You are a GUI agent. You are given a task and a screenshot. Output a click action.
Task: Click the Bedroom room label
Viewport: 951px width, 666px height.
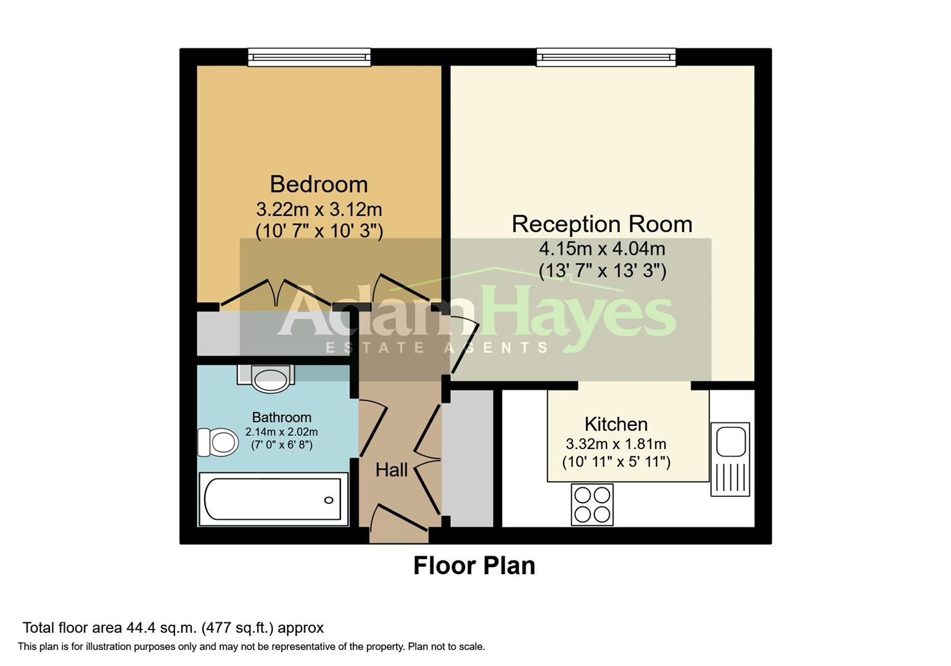tap(319, 184)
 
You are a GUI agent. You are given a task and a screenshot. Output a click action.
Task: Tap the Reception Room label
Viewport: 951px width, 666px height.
tap(602, 224)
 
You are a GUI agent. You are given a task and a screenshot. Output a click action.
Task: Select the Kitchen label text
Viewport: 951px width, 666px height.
tap(616, 424)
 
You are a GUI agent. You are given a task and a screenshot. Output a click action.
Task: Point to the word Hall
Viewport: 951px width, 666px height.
tap(392, 470)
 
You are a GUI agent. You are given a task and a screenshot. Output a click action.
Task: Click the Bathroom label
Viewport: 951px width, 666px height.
tap(282, 417)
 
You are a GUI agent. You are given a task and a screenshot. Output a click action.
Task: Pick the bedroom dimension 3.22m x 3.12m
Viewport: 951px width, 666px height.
tap(319, 210)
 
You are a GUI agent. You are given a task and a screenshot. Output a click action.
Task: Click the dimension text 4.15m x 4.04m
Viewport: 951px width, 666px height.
tap(602, 249)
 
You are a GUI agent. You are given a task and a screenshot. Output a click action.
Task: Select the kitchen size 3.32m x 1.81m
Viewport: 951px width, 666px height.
tap(616, 444)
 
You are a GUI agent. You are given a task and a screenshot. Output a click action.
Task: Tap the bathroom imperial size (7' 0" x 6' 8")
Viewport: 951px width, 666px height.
tap(282, 445)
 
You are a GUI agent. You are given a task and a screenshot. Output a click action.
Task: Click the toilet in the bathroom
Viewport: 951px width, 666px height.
tap(218, 442)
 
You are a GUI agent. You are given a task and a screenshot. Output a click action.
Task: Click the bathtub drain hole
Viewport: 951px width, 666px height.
tap(329, 500)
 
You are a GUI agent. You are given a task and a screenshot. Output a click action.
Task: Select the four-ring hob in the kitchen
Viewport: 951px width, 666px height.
tap(592, 504)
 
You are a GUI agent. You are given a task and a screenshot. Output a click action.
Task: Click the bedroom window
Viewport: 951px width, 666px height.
tap(309, 57)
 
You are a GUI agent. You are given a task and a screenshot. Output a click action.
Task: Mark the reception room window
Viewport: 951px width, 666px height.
tap(606, 57)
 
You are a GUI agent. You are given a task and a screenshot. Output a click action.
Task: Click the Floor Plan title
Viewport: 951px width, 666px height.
tap(474, 566)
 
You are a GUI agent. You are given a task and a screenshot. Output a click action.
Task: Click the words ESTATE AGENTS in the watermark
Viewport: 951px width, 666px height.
tap(437, 348)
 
